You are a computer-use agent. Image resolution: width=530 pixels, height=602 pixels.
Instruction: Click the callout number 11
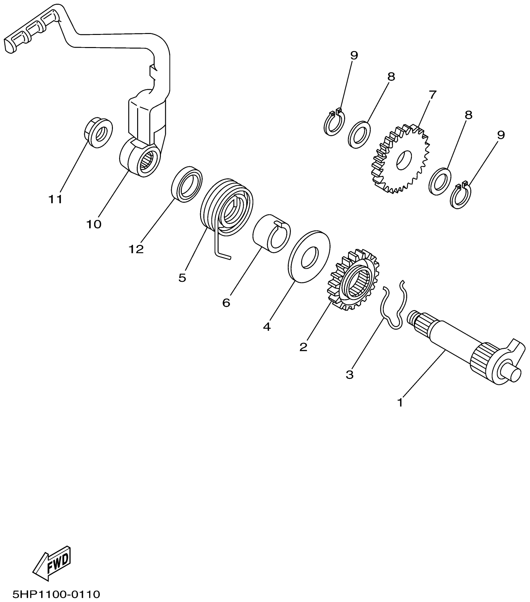click(55, 199)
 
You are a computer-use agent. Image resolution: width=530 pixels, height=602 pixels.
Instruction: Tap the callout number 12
click(136, 249)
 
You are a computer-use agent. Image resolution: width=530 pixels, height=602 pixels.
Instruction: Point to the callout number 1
click(400, 402)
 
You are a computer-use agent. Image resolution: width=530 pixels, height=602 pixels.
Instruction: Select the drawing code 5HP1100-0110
click(56, 594)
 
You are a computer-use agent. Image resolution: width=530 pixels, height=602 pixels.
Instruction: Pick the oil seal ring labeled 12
click(187, 184)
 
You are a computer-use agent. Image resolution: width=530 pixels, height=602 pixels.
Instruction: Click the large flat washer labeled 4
click(309, 257)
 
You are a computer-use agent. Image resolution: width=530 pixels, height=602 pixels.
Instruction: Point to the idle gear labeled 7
click(401, 159)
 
